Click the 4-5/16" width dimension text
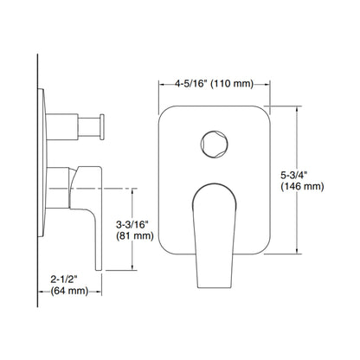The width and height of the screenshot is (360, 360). [189, 85]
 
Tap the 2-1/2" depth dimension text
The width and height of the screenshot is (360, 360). [64, 280]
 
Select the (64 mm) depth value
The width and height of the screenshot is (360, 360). [66, 293]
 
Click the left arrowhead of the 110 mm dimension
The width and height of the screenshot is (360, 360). [162, 85]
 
